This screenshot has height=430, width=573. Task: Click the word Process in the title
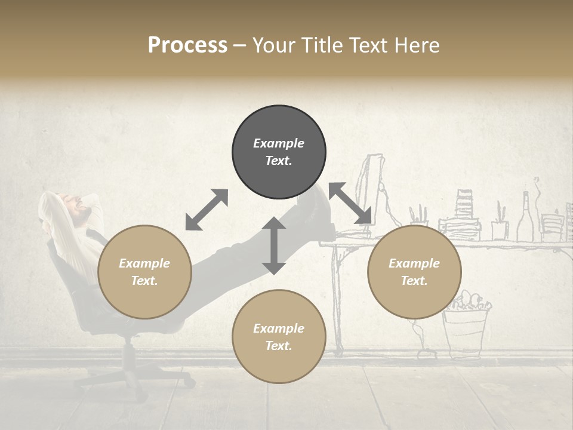(187, 45)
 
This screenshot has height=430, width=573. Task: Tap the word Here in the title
(415, 45)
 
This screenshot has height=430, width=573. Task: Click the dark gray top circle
(279, 152)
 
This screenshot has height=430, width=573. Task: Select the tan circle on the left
(144, 272)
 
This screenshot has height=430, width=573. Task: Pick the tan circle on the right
(414, 272)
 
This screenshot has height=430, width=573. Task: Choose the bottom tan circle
(279, 337)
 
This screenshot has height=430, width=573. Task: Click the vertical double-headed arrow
(274, 246)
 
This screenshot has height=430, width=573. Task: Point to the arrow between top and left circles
(207, 209)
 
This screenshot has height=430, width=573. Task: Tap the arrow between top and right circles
(350, 204)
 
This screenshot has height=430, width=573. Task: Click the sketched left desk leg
(338, 299)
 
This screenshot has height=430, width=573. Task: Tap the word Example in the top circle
(279, 143)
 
